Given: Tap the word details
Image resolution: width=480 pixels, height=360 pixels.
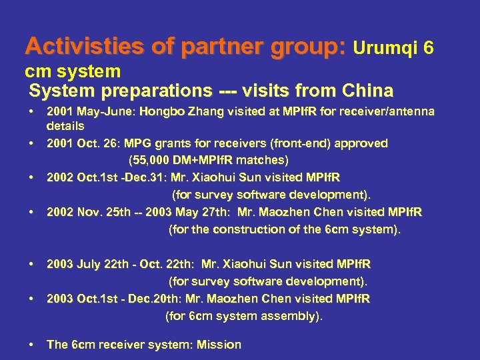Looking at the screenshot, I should (x=65, y=125).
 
